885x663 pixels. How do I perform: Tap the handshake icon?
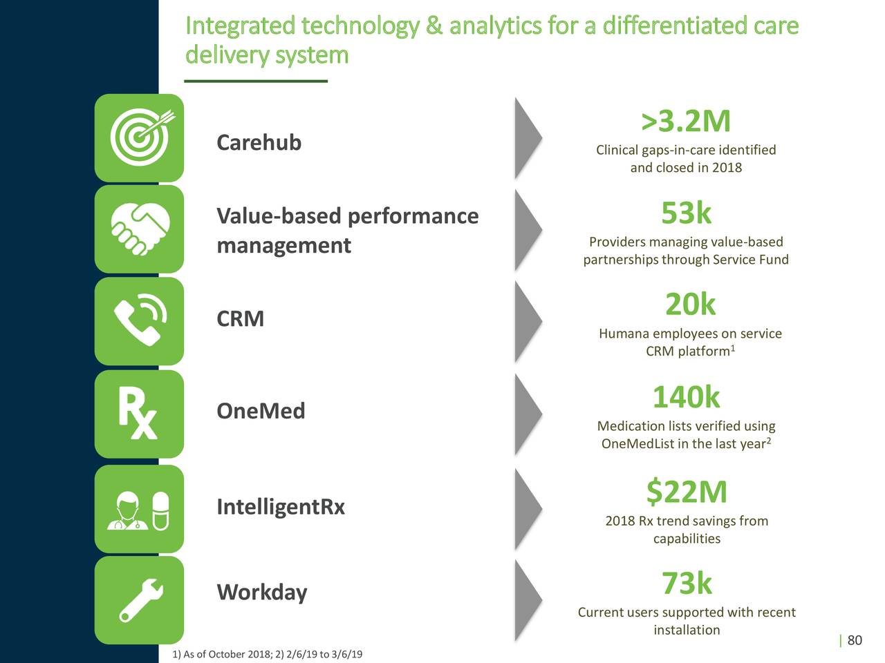click(x=140, y=230)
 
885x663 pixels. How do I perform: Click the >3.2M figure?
click(x=685, y=122)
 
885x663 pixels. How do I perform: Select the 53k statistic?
click(x=685, y=213)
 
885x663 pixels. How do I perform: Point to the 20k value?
click(x=689, y=305)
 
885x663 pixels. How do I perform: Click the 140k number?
click(x=685, y=397)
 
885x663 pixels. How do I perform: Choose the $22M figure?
click(x=686, y=492)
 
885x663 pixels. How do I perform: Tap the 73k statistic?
click(x=686, y=584)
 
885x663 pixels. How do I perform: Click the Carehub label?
click(x=259, y=142)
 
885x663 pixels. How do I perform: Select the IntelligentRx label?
click(x=280, y=507)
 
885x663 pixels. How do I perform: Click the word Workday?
click(x=261, y=593)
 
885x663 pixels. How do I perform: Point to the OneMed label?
click(x=261, y=411)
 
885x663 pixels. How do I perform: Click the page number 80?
click(x=855, y=640)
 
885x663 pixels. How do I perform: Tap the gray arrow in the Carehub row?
click(x=528, y=139)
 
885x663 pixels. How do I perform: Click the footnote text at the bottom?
click(x=267, y=654)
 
